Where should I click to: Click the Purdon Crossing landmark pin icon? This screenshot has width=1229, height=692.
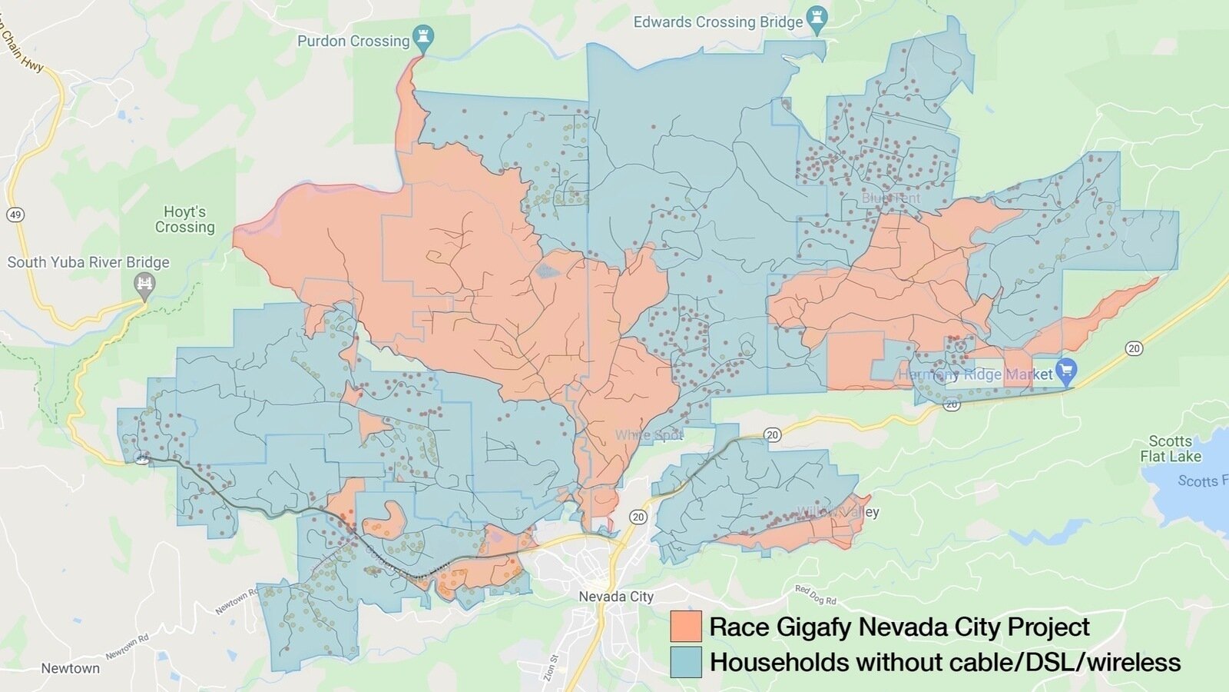[422, 36]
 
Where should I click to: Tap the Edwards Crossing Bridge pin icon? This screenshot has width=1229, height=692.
[817, 20]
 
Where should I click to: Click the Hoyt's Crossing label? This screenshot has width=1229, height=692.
[185, 219]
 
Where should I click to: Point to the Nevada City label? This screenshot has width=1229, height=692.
[616, 597]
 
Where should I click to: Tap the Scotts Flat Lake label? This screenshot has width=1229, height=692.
[1170, 448]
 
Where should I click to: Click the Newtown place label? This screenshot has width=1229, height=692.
[70, 668]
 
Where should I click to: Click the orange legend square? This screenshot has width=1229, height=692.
[685, 626]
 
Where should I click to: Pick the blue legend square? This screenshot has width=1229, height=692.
[685, 662]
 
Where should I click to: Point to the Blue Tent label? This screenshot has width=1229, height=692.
[890, 198]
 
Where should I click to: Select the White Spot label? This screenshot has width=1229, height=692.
[649, 435]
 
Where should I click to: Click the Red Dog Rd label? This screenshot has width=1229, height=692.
[816, 594]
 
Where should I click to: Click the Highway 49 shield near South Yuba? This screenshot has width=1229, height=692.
[15, 214]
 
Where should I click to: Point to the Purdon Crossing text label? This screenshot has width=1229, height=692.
[353, 41]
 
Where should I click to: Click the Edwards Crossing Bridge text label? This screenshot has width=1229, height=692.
[717, 22]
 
